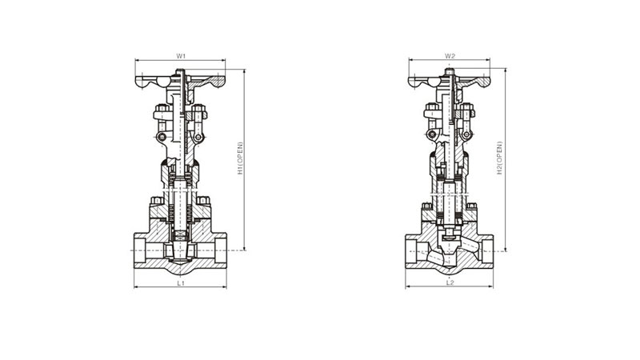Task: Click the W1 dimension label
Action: click(x=181, y=55)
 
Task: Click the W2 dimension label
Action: click(x=450, y=55)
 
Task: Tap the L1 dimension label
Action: click(x=181, y=282)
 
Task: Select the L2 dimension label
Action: click(x=450, y=282)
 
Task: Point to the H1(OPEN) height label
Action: click(x=240, y=158)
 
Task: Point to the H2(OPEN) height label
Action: click(x=499, y=158)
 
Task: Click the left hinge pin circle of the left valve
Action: click(x=162, y=137)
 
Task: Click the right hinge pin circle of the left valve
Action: click(x=198, y=137)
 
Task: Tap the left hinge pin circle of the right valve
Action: click(x=431, y=134)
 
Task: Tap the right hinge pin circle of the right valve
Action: click(x=466, y=134)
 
